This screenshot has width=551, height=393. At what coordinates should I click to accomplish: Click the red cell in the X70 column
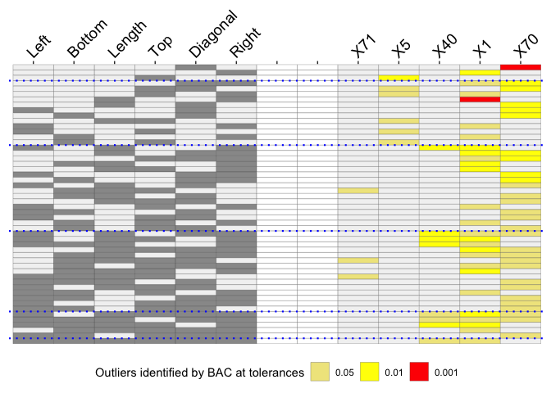[x=520, y=67]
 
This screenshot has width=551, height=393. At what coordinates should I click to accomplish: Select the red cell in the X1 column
[x=480, y=99]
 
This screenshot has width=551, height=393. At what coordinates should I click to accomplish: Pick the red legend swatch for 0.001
[x=419, y=373]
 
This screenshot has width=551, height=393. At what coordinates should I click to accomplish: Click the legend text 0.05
[x=345, y=373]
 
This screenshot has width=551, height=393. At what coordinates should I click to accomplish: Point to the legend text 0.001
[x=446, y=373]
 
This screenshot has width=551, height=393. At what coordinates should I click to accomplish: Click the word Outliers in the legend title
[x=118, y=373]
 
